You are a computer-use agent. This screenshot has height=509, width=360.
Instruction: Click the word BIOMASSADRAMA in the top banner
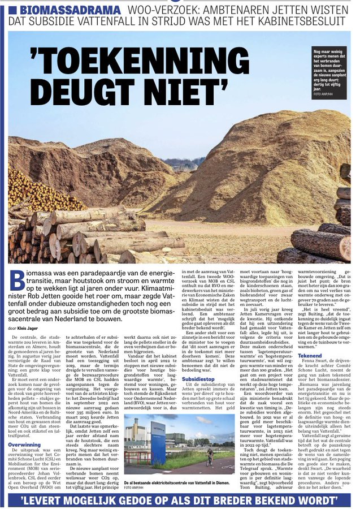point(70,11)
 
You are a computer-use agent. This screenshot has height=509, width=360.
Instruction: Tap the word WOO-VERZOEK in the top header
point(159,11)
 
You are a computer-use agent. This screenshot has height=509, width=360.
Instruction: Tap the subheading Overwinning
point(24,445)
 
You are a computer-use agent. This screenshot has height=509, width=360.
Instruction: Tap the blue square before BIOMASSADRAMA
point(13,11)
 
